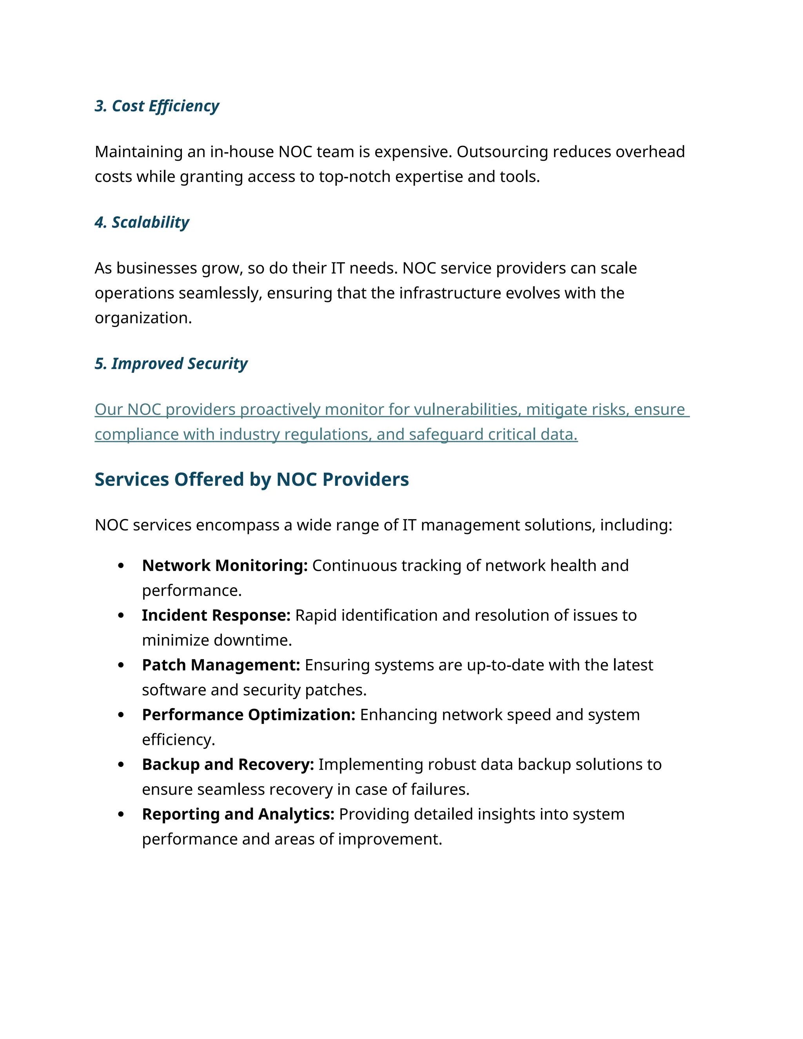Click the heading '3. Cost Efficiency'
point(156,106)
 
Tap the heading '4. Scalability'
point(142,222)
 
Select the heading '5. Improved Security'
point(171,363)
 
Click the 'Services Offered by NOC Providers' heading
point(252,479)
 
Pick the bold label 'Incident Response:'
point(216,615)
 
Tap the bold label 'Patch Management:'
point(221,665)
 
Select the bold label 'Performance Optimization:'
point(248,714)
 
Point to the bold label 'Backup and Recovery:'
point(228,764)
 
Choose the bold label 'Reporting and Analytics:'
point(238,814)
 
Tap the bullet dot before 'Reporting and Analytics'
point(121,814)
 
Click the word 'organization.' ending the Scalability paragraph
point(143,318)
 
